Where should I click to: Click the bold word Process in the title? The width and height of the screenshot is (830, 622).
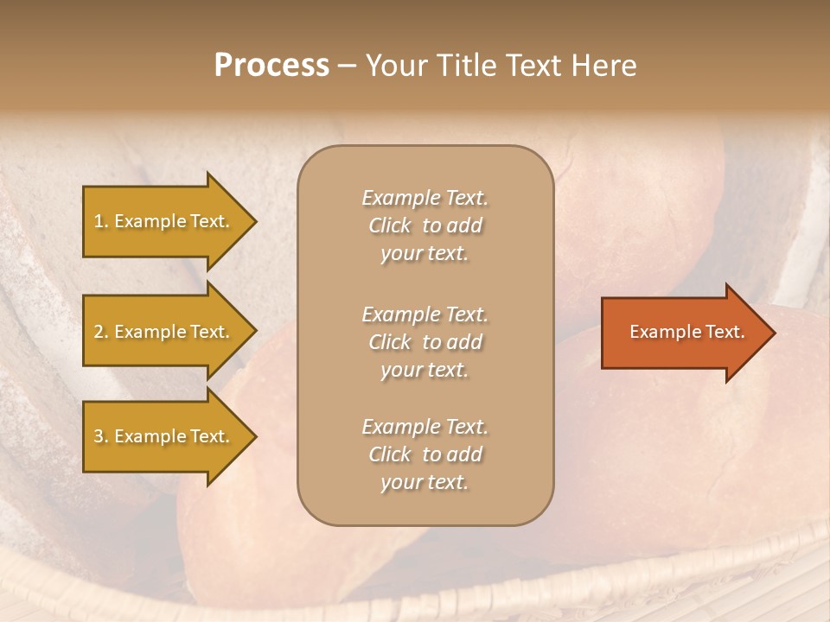pos(271,66)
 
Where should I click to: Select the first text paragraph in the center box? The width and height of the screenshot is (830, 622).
pos(425,225)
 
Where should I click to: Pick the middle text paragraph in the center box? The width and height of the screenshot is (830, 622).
pos(425,342)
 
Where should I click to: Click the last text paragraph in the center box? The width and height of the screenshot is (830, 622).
pos(425,454)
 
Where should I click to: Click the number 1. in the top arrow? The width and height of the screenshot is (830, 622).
pos(101,221)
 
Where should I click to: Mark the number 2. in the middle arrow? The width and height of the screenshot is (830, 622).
pos(101,332)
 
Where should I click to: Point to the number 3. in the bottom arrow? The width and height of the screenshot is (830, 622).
pos(101,436)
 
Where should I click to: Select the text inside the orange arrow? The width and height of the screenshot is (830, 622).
pos(686,332)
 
